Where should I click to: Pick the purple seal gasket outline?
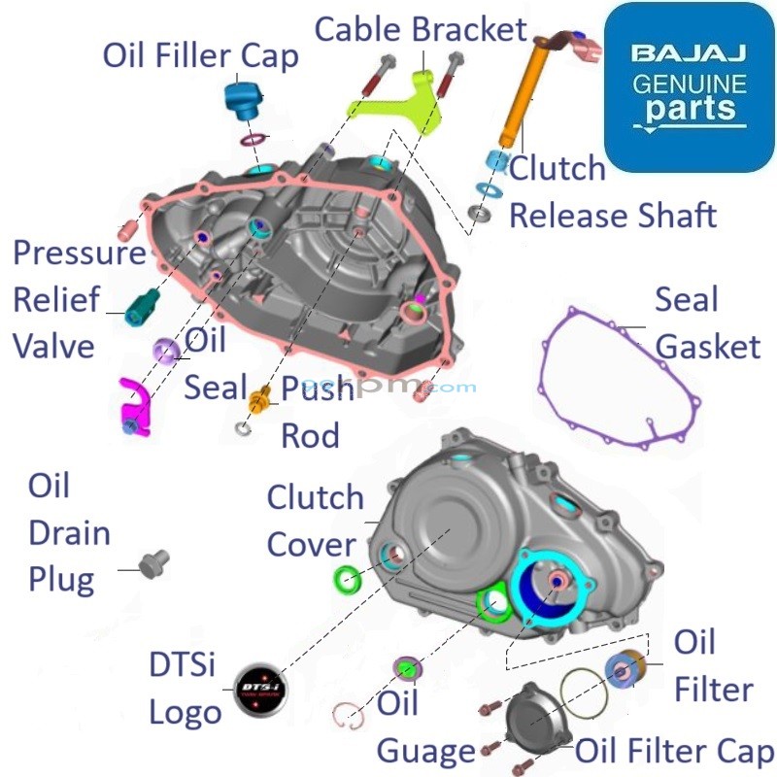click(622, 379)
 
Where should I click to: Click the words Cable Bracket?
click(421, 28)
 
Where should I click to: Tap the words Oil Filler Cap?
click(201, 55)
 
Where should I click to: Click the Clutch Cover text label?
click(315, 521)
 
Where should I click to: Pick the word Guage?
click(425, 750)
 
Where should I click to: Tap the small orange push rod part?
click(259, 399)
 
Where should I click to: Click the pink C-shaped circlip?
click(349, 715)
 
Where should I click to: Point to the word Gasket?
click(708, 346)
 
